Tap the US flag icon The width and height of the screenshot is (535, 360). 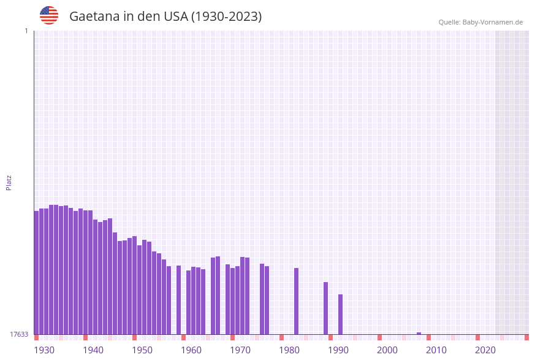pyautogui.click(x=49, y=15)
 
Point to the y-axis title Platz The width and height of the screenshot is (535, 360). pyautogui.click(x=9, y=182)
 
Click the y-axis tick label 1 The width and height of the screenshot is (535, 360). pyautogui.click(x=26, y=31)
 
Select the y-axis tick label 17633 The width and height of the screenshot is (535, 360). pyautogui.click(x=19, y=334)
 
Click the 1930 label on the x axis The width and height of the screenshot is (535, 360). pyautogui.click(x=44, y=350)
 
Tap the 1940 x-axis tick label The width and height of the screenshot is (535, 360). pyautogui.click(x=93, y=350)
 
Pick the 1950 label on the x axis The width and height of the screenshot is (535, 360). pyautogui.click(x=142, y=350)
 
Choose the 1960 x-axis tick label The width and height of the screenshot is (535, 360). pyautogui.click(x=191, y=350)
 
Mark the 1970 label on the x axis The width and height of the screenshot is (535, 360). pyautogui.click(x=240, y=350)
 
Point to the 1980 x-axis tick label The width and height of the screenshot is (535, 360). pyautogui.click(x=289, y=350)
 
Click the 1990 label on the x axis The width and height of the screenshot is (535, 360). pyautogui.click(x=338, y=350)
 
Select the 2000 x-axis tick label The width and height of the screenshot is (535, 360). pyautogui.click(x=387, y=350)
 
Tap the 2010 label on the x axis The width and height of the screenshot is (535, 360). pyautogui.click(x=436, y=350)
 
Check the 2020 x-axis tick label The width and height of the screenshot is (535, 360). pyautogui.click(x=485, y=350)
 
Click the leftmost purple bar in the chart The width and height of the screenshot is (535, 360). pyautogui.click(x=36, y=273)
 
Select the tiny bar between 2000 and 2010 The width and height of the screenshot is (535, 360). pyautogui.click(x=419, y=333)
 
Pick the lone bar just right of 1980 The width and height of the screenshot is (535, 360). pyautogui.click(x=296, y=301)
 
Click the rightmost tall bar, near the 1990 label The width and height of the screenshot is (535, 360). pyautogui.click(x=340, y=314)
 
